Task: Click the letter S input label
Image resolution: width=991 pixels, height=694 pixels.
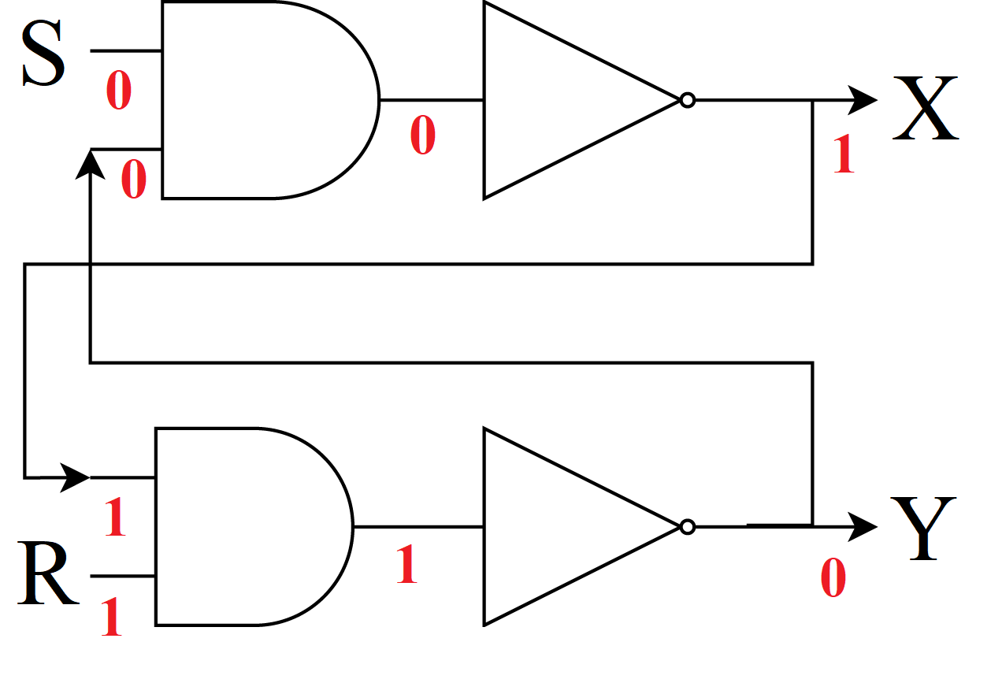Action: click(43, 54)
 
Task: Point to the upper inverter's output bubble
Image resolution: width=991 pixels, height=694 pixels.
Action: click(688, 100)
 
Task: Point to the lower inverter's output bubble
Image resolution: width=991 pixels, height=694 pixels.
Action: click(688, 526)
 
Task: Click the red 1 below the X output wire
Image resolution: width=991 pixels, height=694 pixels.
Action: click(844, 154)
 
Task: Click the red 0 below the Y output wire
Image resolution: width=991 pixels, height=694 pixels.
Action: click(833, 579)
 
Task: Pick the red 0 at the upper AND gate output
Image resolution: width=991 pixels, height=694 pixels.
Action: click(422, 135)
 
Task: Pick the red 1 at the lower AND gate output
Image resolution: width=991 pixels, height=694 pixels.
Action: click(406, 565)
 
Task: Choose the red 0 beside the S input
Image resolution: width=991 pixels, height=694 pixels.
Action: click(118, 91)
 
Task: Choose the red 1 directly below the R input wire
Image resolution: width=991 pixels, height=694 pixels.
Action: click(111, 617)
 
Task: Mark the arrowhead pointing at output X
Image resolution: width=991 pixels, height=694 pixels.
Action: click(863, 100)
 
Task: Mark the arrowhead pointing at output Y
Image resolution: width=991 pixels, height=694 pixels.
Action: click(863, 526)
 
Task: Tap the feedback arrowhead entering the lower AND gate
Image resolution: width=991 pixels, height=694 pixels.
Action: click(76, 477)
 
